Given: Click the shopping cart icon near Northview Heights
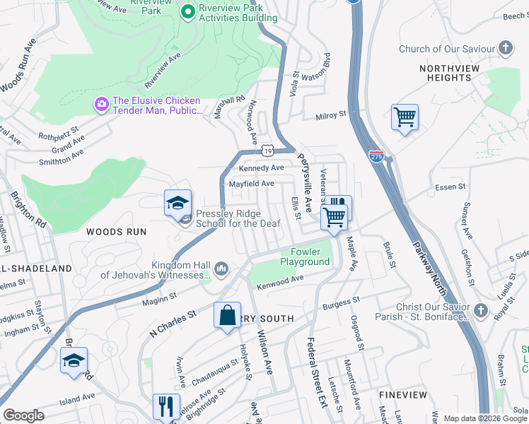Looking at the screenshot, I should pyautogui.click(x=405, y=117).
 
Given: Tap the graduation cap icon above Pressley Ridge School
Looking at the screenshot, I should pyautogui.click(x=178, y=204).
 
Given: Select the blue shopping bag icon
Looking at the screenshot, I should pyautogui.click(x=227, y=315).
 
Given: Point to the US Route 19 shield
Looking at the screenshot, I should pyautogui.click(x=267, y=151).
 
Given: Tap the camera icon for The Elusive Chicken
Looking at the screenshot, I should pyautogui.click(x=102, y=105).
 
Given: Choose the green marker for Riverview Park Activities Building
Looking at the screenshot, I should pyautogui.click(x=187, y=11).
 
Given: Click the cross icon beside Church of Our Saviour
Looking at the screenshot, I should pyautogui.click(x=505, y=49).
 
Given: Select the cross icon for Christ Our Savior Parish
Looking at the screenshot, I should pyautogui.click(x=480, y=311).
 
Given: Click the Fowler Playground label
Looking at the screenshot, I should pyautogui.click(x=310, y=257).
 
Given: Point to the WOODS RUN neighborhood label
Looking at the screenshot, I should pyautogui.click(x=116, y=232).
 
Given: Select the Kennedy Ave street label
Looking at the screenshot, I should pyautogui.click(x=261, y=168).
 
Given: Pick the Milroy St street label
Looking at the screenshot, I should pyautogui.click(x=331, y=114).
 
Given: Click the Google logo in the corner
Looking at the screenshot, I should pyautogui.click(x=24, y=416).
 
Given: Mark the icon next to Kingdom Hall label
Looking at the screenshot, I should pyautogui.click(x=221, y=268).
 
